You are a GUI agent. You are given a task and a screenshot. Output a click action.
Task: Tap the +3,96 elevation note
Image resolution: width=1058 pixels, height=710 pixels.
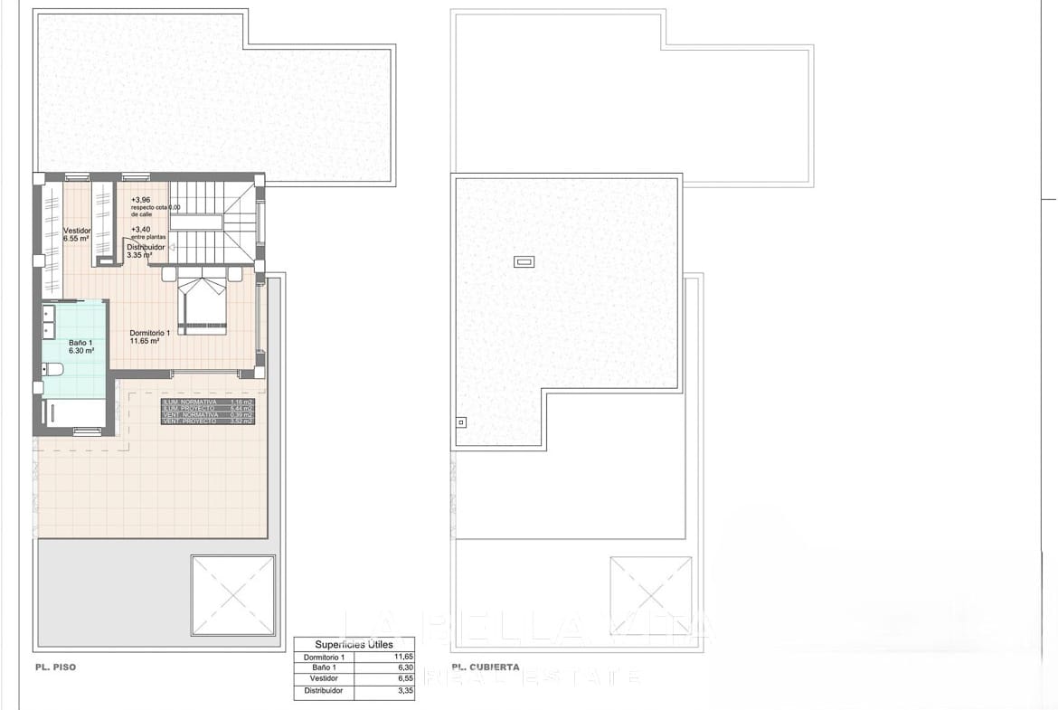(x=141, y=200)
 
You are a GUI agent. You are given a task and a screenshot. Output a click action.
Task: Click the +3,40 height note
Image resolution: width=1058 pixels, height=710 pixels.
(x=141, y=230)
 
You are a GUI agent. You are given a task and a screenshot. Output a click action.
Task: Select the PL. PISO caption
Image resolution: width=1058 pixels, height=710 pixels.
(x=56, y=667)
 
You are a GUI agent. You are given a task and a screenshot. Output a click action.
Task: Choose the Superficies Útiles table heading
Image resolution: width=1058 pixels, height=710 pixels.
(x=354, y=645)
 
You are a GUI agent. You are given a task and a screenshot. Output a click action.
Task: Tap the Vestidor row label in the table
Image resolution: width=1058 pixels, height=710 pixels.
(x=324, y=679)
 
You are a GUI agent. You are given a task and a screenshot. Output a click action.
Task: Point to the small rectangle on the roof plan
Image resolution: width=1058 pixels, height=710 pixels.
(x=524, y=262)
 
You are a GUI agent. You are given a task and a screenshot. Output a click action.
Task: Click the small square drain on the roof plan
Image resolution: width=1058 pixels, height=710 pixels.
(x=460, y=421)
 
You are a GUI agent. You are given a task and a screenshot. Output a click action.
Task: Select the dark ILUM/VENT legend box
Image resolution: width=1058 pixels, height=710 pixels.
(x=208, y=412)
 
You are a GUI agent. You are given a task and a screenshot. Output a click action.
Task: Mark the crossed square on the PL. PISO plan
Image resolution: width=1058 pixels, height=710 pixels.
(x=233, y=595)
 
